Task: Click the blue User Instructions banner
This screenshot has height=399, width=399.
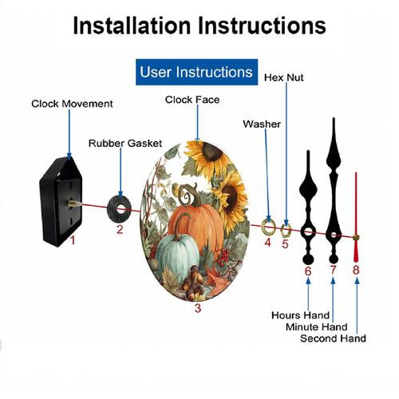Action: coord(196,72)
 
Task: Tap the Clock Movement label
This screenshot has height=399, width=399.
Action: coord(72,104)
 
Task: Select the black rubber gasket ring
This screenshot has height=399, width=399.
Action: coord(120,209)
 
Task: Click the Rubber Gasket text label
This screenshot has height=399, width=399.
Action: coord(125,144)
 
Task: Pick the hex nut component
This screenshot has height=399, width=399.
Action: coord(286,231)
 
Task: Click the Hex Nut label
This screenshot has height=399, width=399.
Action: coord(284,77)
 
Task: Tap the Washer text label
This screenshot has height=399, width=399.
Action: coord(262,124)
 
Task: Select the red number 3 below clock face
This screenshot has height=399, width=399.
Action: coord(198,308)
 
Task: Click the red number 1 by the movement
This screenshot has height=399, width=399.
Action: coord(73,240)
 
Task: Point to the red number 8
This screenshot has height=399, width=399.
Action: coord(356,270)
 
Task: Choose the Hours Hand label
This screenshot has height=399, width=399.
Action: coord(300,315)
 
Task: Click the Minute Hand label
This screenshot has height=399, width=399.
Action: coord(317,327)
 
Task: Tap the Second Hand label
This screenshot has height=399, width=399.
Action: coord(333,338)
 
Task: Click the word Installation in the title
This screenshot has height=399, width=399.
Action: coord(132,26)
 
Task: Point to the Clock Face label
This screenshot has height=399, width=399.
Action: coord(192,100)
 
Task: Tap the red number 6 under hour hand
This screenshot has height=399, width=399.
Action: coord(308,271)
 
